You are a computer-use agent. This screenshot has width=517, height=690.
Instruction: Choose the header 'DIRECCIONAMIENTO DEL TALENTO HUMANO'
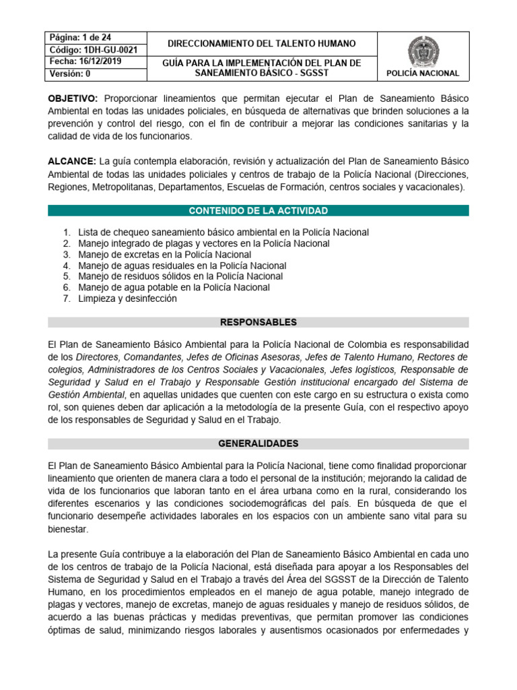pyautogui.click(x=262, y=43)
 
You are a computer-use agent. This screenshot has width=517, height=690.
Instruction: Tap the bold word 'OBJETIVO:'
pyautogui.click(x=73, y=98)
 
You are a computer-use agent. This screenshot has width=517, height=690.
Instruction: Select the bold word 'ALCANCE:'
pyautogui.click(x=72, y=162)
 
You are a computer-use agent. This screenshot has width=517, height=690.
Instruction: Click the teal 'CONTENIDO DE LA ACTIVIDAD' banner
pyautogui.click(x=258, y=211)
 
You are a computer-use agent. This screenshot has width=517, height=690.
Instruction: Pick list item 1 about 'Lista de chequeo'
pyautogui.click(x=223, y=232)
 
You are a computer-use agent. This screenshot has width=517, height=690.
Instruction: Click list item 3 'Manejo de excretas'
pyautogui.click(x=164, y=255)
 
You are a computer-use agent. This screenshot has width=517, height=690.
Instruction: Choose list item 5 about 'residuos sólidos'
pyautogui.click(x=180, y=276)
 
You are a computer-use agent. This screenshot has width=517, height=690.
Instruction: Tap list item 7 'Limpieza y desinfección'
pyautogui.click(x=127, y=299)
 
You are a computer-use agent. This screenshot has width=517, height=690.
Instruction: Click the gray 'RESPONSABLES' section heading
pyautogui.click(x=258, y=322)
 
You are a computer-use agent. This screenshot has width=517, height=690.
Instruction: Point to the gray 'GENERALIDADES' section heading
pyautogui.click(x=258, y=443)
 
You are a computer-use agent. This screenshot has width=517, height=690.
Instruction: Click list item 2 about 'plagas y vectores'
pyautogui.click(x=203, y=243)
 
